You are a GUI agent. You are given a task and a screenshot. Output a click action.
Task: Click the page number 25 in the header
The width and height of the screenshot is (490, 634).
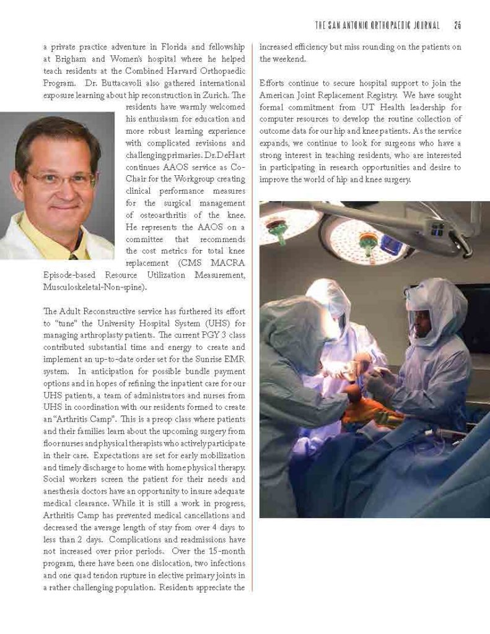pyautogui.click(x=458, y=25)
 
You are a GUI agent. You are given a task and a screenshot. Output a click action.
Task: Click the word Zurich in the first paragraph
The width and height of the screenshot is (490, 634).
pyautogui.click(x=213, y=95)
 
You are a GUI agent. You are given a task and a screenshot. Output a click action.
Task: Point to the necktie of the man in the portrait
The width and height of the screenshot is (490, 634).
pyautogui.click(x=73, y=255)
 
